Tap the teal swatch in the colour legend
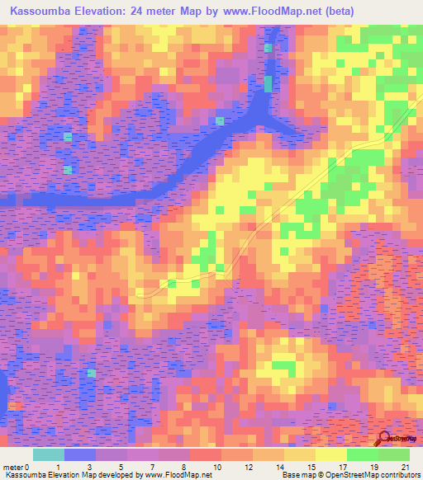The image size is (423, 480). click(48, 454)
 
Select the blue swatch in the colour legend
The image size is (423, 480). click(79, 454)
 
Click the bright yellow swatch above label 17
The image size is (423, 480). click(330, 454)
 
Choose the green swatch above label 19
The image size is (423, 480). click(362, 454)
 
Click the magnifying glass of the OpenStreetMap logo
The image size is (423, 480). click(384, 437)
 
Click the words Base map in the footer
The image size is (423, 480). click(297, 475)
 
